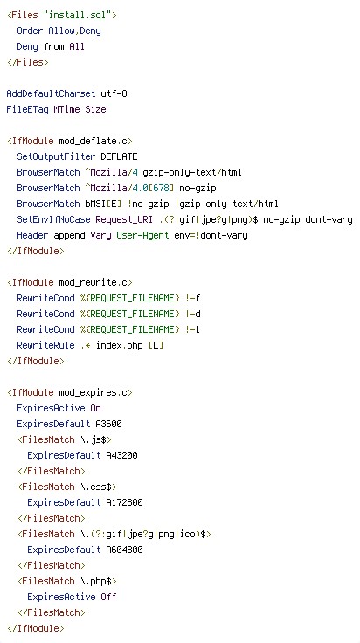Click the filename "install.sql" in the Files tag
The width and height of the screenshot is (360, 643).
coord(80,15)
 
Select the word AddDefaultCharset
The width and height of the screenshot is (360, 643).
coord(51,93)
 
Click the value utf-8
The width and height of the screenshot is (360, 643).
coord(114,93)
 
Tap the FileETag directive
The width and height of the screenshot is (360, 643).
coord(27,109)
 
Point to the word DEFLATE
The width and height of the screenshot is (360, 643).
coord(119,156)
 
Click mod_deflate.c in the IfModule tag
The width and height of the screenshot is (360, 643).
coord(93,141)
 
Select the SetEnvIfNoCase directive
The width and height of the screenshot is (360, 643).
coord(53,219)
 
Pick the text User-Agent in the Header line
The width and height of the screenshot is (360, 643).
coord(142,235)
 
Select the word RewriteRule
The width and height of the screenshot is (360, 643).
coord(45,345)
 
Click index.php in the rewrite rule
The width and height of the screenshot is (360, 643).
coord(119,345)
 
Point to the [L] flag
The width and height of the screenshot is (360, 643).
coord(156,345)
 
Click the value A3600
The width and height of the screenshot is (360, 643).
coord(108,424)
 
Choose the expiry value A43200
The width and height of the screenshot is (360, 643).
coord(121,455)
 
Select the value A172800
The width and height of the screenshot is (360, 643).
coord(124,502)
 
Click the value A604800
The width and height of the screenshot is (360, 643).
coord(124,550)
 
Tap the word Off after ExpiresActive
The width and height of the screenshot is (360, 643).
coord(108,597)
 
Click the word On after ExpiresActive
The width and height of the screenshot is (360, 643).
coord(95,408)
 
